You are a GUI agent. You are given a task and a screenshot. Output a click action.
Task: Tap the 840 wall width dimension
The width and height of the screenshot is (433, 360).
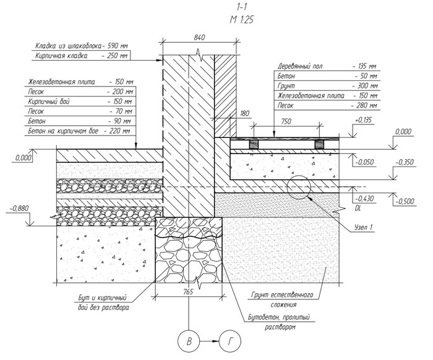199,38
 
